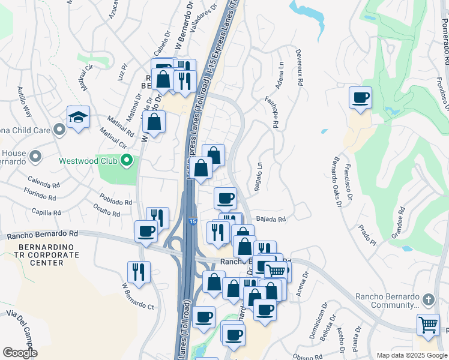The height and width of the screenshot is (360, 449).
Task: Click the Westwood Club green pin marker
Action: (126, 160)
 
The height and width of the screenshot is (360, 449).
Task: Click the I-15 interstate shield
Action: (191, 221)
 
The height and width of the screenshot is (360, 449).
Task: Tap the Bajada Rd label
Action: (271, 220)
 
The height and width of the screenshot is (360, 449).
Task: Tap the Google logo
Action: (20, 353)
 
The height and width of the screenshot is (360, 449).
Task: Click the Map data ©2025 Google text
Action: (411, 355)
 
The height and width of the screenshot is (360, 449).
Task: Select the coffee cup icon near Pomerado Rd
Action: (360, 98)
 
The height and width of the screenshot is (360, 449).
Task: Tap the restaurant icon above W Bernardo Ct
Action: (139, 272)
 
